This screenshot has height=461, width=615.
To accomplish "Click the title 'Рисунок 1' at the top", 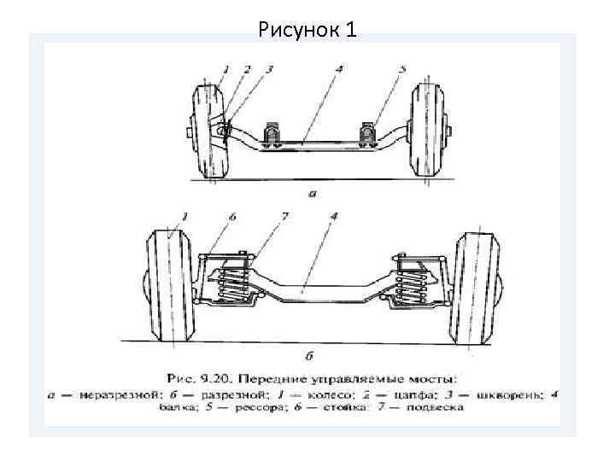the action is [x=307, y=30].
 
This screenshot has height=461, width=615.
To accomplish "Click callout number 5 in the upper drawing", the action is [x=402, y=69].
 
